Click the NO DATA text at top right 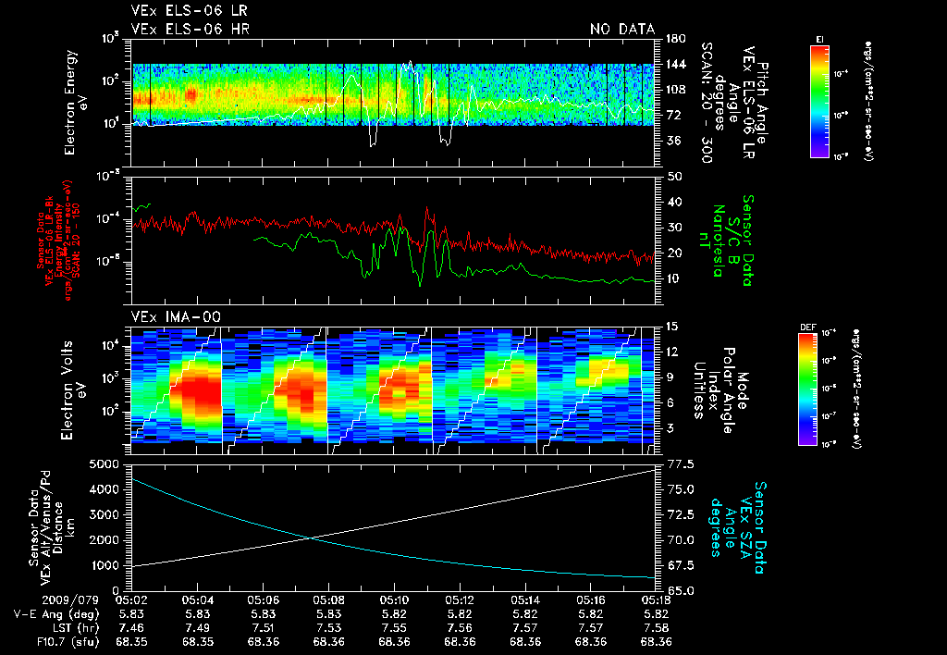point(622,30)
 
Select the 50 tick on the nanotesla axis point(674,176)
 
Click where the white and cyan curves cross point(307,538)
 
